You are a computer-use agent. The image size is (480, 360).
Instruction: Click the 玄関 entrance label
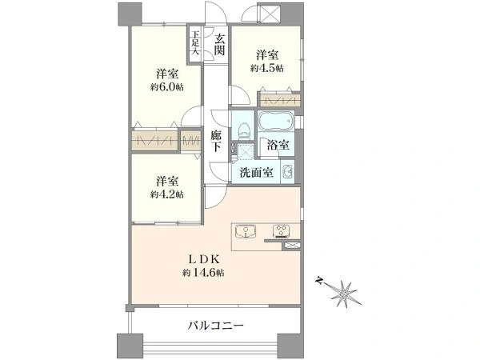[219, 44]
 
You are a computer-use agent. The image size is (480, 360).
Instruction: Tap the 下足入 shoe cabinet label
[195, 42]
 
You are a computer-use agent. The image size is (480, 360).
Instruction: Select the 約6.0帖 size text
[167, 87]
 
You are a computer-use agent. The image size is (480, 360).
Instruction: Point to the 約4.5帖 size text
[267, 68]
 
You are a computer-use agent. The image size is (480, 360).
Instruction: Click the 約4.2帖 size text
[167, 194]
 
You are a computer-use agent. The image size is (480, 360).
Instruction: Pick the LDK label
[203, 259]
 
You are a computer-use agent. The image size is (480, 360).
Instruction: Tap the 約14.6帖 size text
[203, 273]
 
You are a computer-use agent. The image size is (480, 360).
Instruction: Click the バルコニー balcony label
[215, 325]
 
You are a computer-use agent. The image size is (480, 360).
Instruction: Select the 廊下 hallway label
[216, 142]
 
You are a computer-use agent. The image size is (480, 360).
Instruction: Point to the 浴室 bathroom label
[278, 145]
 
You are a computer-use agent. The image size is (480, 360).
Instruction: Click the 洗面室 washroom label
[256, 173]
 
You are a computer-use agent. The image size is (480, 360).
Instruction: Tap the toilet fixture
[244, 130]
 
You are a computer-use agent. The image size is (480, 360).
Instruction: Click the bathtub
[276, 122]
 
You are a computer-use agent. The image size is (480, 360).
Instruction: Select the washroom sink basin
[288, 172]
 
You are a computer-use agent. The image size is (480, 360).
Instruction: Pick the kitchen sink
[246, 231]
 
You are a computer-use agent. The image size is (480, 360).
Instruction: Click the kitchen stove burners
[281, 231]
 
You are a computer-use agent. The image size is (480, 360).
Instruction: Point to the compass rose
[343, 294]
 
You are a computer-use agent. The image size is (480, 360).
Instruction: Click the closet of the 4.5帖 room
[279, 99]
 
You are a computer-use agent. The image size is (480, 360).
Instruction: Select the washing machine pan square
[246, 150]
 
